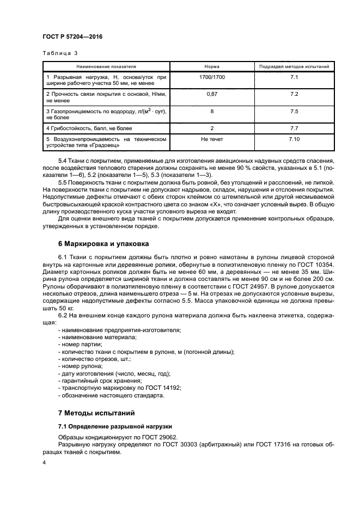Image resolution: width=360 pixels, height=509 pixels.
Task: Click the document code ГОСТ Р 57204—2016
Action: click(72, 36)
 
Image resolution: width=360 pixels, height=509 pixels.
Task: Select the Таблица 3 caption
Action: click(60, 53)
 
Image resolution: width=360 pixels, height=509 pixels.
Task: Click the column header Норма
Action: click(212, 66)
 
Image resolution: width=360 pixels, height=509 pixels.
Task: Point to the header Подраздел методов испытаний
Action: click(294, 66)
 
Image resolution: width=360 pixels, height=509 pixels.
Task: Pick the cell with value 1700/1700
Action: click(212, 78)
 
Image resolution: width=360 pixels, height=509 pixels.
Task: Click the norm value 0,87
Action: click(212, 94)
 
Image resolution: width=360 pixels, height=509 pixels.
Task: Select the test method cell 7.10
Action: click(294, 140)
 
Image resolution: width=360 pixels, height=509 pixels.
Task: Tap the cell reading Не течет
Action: click(212, 140)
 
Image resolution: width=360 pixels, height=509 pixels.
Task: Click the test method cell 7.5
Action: click(294, 111)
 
